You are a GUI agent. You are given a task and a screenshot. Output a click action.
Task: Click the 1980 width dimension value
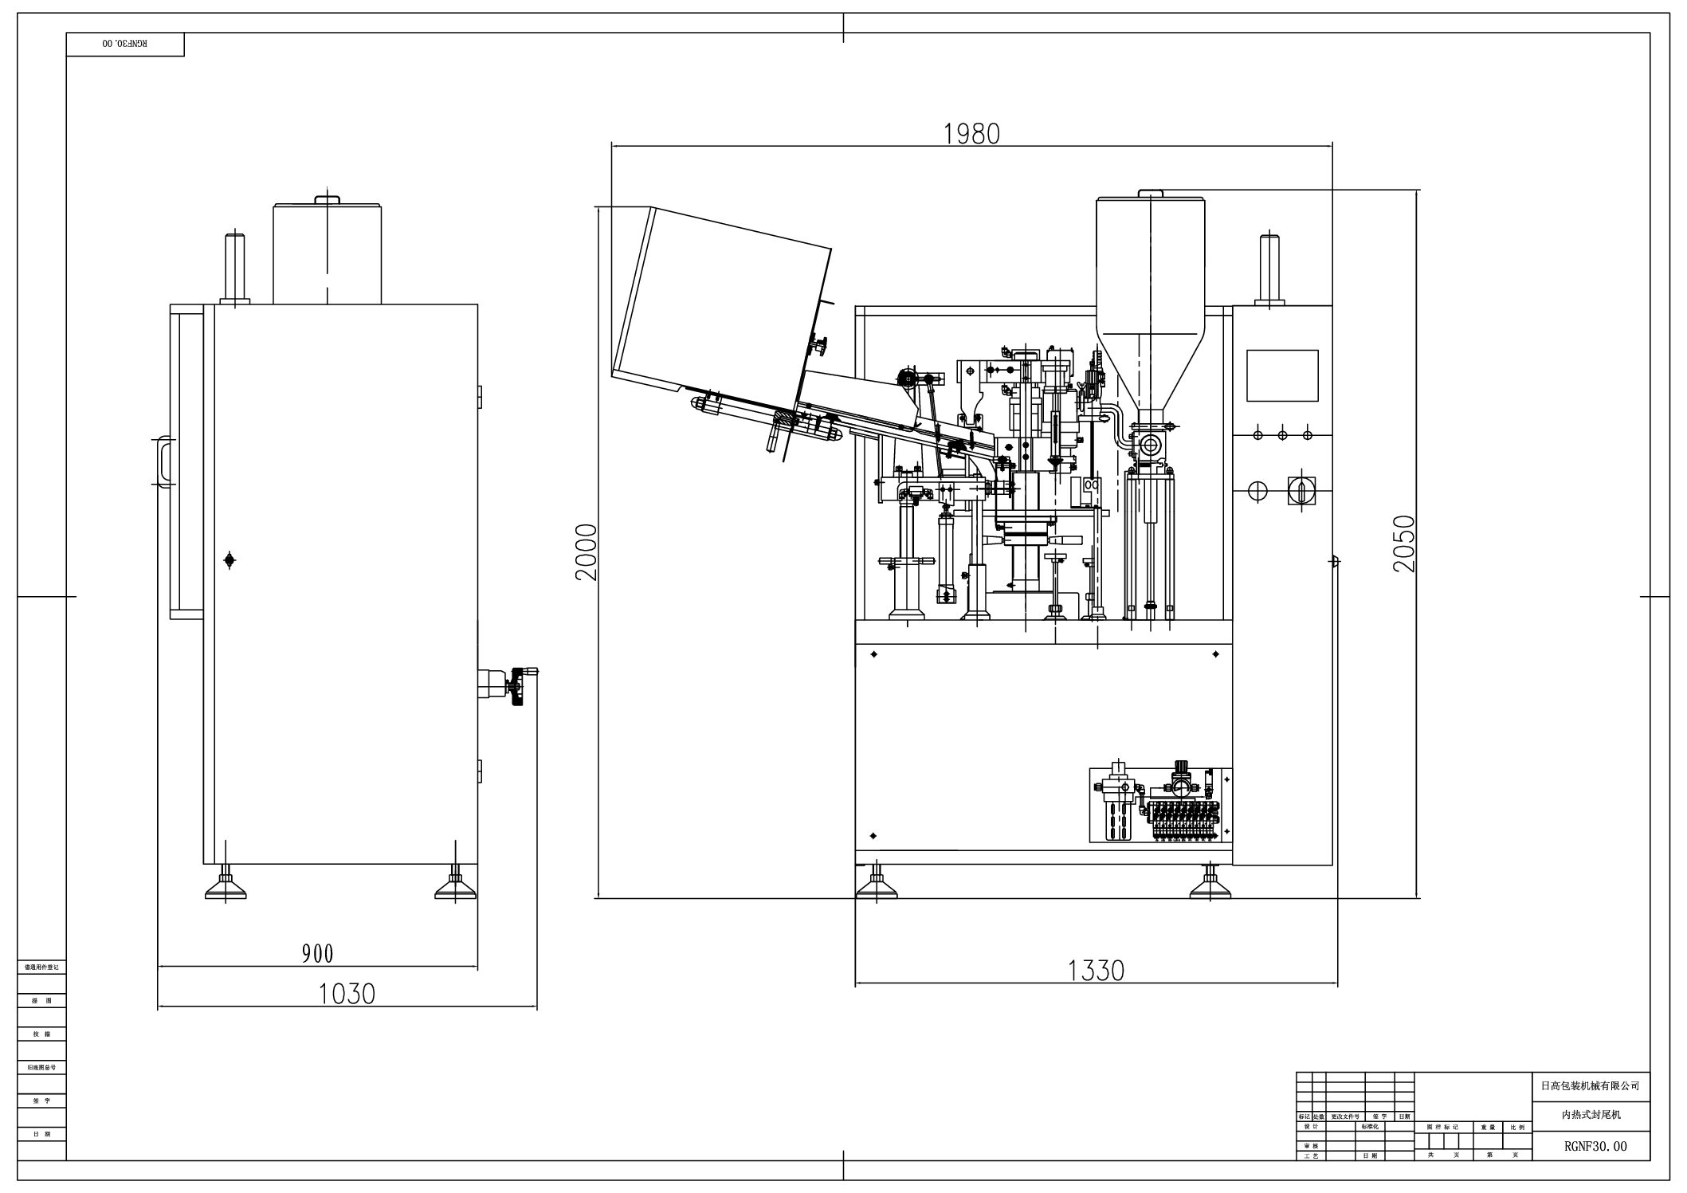(971, 134)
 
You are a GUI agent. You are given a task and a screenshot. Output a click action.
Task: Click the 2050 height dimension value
(1404, 544)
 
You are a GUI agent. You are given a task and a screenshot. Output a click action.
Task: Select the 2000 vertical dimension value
(587, 551)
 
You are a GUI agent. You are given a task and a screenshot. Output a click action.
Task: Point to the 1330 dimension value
(1096, 970)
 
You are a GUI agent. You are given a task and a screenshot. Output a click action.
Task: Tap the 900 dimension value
(317, 953)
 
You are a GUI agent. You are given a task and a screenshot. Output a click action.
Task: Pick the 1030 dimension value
(347, 994)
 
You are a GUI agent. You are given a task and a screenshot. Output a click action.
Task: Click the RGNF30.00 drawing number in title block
(1590, 1146)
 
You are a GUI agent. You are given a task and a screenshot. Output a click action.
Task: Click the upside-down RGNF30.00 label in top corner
(124, 44)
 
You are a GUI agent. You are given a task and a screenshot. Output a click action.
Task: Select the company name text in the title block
(1590, 1085)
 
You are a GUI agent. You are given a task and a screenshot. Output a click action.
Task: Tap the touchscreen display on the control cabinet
(1282, 375)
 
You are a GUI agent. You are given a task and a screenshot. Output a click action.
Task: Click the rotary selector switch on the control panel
(1301, 489)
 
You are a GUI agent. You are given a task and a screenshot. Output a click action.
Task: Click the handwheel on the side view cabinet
(520, 685)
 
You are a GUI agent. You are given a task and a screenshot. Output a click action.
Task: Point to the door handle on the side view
(164, 461)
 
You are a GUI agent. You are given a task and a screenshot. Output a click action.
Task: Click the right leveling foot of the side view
(456, 883)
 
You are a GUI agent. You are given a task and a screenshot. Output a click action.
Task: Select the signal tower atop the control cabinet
(1269, 269)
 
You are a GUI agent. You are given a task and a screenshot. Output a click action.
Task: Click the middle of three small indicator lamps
(1282, 435)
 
